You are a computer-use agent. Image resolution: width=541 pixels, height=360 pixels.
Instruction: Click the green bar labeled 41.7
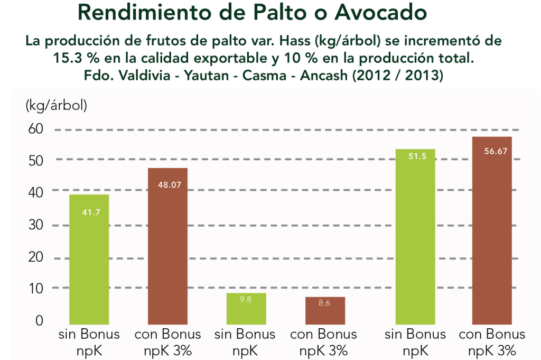coord(89,259)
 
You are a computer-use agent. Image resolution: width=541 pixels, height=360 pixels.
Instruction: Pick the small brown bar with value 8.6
coord(325,310)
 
